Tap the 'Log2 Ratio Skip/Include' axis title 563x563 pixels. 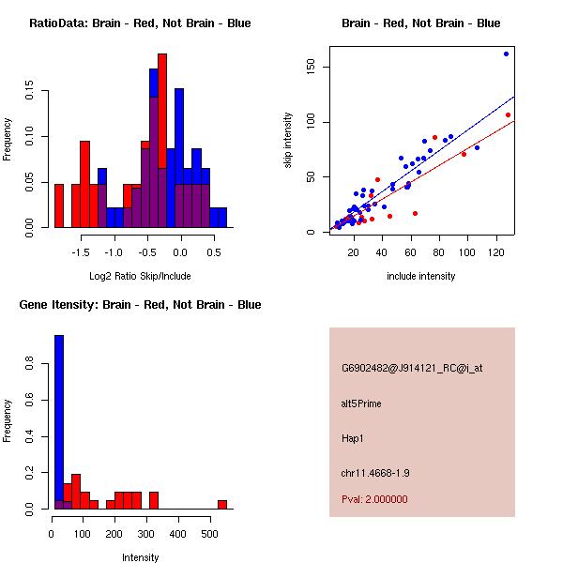[140, 276]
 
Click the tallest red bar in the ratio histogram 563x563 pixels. [162, 141]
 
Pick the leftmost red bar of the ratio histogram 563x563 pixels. [59, 205]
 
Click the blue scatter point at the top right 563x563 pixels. [506, 53]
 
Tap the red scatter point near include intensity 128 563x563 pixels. [508, 114]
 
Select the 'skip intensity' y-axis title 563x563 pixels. [288, 140]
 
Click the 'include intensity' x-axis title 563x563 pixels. [420, 276]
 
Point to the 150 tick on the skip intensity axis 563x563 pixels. [309, 67]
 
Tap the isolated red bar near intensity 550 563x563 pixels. [222, 505]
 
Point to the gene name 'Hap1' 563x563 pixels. [353, 437]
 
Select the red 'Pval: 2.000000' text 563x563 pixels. [374, 499]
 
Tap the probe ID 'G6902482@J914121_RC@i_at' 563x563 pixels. [412, 369]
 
